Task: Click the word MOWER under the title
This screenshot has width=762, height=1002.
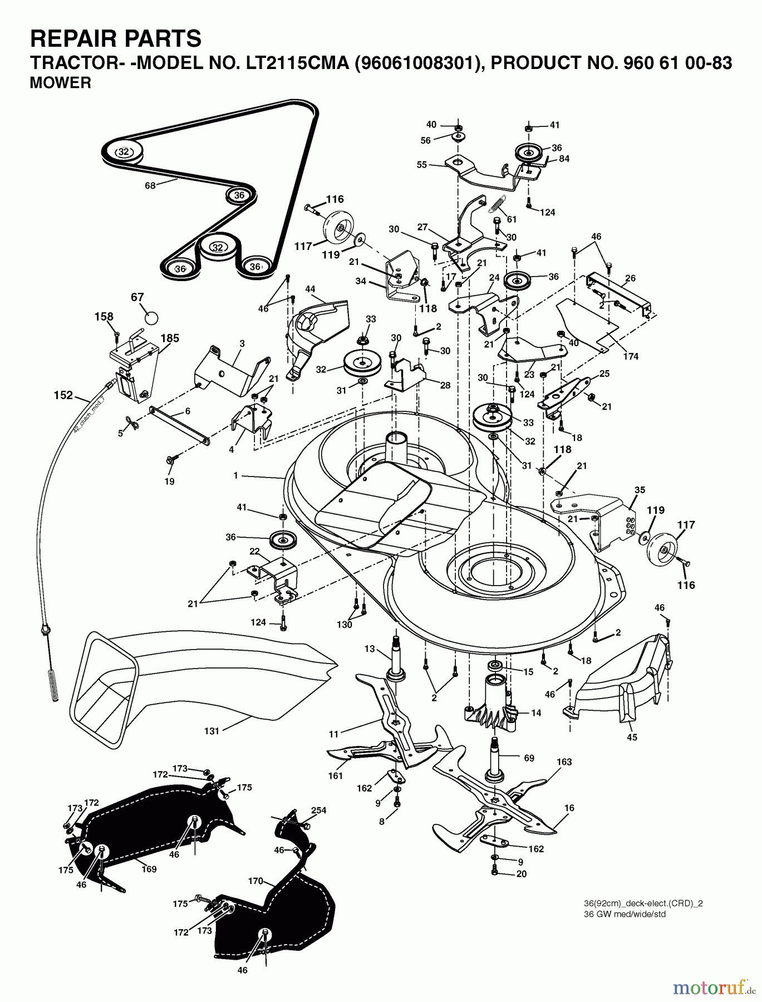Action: [x=61, y=83]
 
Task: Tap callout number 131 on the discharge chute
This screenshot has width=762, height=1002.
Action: [x=212, y=731]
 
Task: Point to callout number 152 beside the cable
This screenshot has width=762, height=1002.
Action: [x=63, y=395]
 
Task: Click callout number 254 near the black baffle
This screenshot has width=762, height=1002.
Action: [x=319, y=810]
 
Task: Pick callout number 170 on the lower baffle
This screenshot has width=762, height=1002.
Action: [x=255, y=881]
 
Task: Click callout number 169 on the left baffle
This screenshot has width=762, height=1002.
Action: [x=149, y=869]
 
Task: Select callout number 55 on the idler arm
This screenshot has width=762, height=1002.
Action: [x=422, y=165]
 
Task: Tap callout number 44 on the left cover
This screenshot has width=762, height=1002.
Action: [x=310, y=289]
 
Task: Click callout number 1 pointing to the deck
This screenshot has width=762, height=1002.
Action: [x=236, y=475]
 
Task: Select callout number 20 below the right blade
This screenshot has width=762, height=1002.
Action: [x=521, y=874]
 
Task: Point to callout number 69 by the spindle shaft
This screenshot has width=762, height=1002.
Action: [x=529, y=758]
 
